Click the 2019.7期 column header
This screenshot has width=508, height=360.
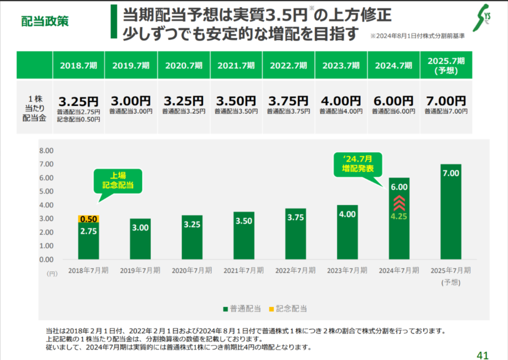(131, 65)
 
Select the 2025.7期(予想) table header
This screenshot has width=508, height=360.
(446, 65)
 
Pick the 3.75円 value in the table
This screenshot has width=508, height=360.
(288, 101)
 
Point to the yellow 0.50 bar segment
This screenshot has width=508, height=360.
(88, 219)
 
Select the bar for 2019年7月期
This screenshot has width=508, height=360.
(140, 239)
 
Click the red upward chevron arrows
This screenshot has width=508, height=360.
(399, 203)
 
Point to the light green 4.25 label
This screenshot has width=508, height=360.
(399, 218)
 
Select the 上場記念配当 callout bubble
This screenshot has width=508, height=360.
(118, 181)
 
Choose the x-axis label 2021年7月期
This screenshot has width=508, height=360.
(243, 271)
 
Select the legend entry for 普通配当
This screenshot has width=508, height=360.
(242, 309)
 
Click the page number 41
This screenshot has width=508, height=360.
(483, 355)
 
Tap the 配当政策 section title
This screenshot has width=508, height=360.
(45, 22)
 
